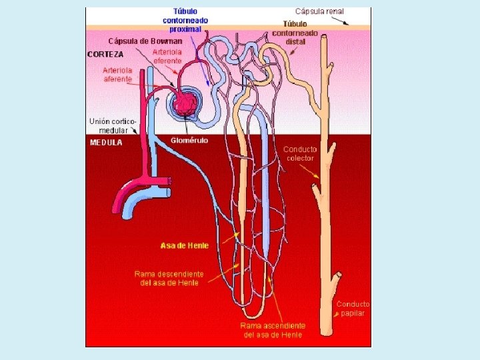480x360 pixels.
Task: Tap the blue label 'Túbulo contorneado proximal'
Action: coord(185,20)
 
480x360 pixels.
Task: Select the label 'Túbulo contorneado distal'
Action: coord(294,33)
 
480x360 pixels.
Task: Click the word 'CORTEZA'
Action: coord(105,54)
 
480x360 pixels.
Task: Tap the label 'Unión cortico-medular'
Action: coord(113,125)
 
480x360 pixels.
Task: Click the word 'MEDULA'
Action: coord(106,142)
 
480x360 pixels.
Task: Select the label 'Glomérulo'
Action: coord(189,141)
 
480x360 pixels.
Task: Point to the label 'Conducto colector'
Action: coord(300,153)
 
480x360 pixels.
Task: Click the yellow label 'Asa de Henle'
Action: coord(185,245)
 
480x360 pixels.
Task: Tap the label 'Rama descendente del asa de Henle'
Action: coord(169,278)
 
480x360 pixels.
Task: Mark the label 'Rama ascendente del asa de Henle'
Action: coord(273,329)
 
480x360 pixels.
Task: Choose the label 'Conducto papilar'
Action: coord(353,309)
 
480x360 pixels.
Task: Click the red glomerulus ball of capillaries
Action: coord(185,104)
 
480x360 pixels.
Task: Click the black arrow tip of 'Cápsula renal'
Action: coord(347,23)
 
